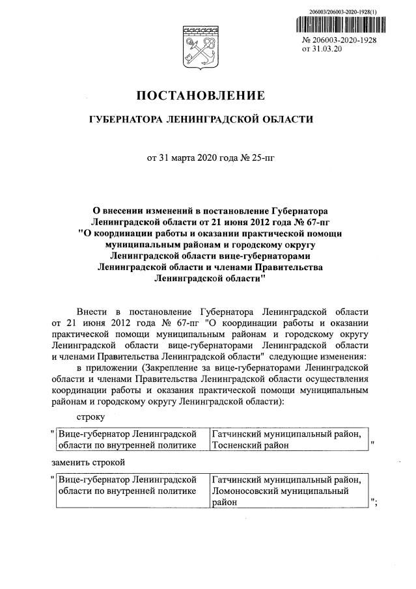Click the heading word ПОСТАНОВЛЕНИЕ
[201, 96]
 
